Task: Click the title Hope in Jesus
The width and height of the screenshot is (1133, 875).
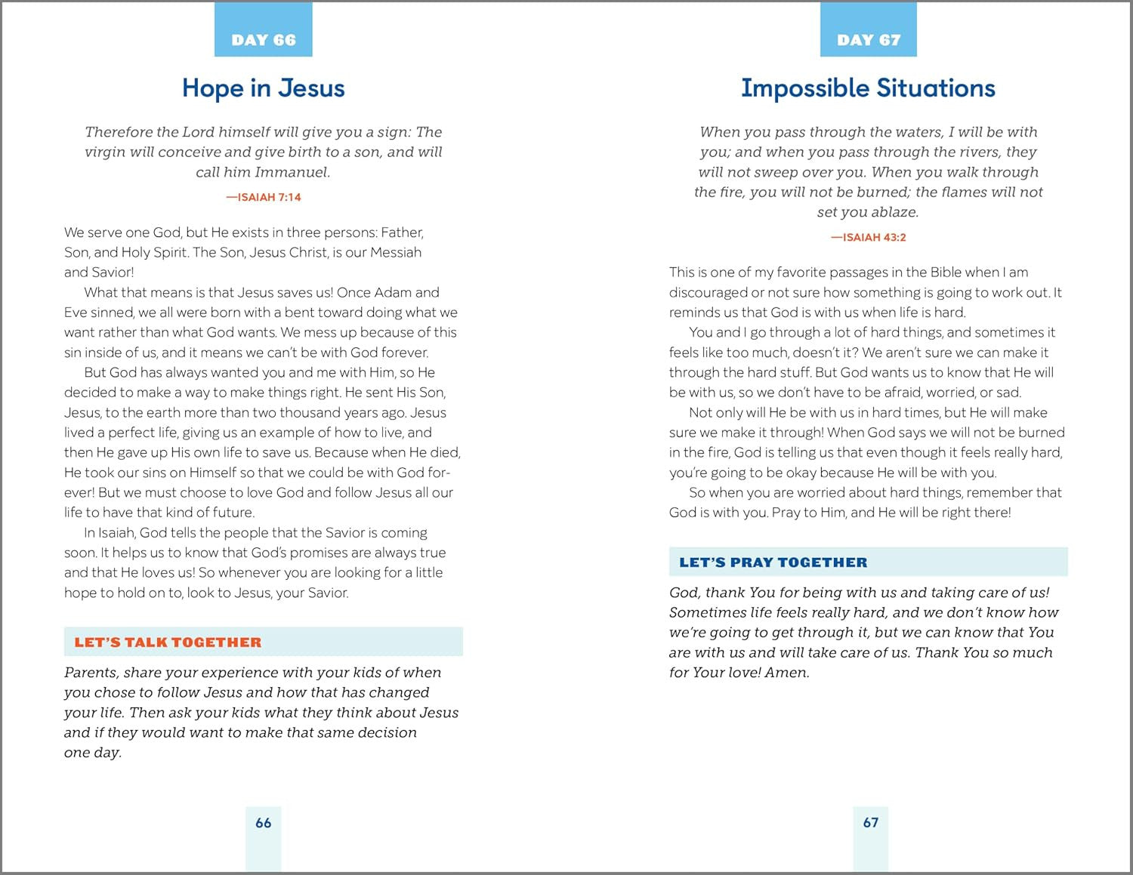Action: [263, 88]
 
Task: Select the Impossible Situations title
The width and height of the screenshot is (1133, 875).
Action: [868, 88]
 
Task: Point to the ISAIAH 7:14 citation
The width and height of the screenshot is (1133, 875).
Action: [264, 197]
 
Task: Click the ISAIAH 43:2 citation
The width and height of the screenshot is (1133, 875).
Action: [869, 237]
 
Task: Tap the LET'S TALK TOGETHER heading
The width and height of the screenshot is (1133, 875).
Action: [168, 642]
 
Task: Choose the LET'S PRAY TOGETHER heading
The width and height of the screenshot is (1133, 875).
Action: [773, 562]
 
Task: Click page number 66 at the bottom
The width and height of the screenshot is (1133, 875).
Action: [263, 823]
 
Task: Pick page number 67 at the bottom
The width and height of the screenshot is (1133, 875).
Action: [871, 822]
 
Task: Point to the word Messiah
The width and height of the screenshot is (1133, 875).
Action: [396, 252]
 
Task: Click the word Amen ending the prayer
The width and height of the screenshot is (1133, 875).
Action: [786, 673]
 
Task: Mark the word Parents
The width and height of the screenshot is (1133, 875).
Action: [91, 673]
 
